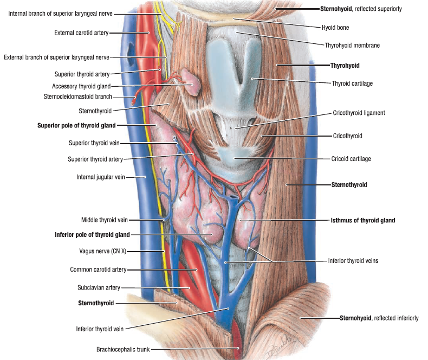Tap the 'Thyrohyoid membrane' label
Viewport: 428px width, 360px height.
pos(352,46)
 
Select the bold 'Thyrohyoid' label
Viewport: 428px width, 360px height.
pos(345,65)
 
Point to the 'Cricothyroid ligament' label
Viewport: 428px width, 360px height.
pos(358,113)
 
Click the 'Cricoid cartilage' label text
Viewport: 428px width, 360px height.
pos(351,159)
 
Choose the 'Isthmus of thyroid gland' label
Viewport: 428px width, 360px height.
pos(363,221)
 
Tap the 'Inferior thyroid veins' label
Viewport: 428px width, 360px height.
pos(353,261)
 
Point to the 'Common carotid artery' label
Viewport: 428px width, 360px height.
pos(98,269)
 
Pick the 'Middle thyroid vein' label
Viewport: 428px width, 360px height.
pos(105,220)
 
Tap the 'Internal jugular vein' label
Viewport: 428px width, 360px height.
pos(102,177)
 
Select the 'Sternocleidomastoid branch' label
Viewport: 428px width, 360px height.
pos(77,97)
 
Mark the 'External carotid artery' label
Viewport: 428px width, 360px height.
pos(81,33)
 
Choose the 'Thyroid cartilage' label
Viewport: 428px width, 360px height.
pos(352,83)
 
